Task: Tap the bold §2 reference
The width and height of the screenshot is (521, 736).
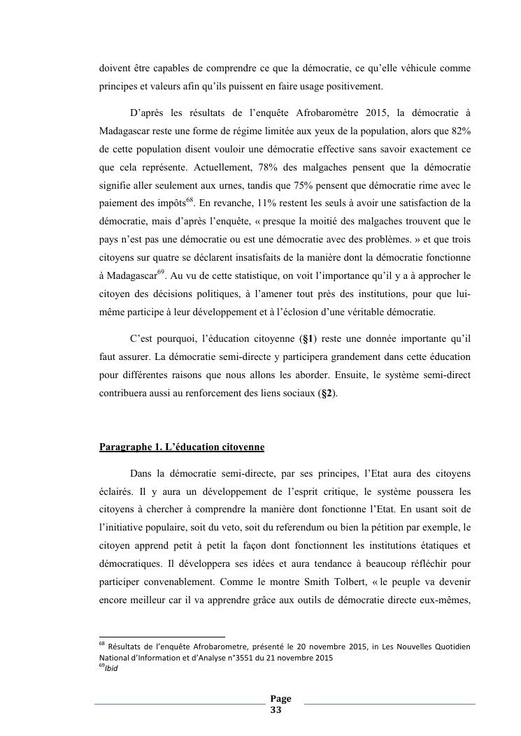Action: pos(326,394)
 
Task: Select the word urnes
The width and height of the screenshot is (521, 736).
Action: pos(211,185)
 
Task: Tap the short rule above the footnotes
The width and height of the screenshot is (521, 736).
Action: pos(162,637)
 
